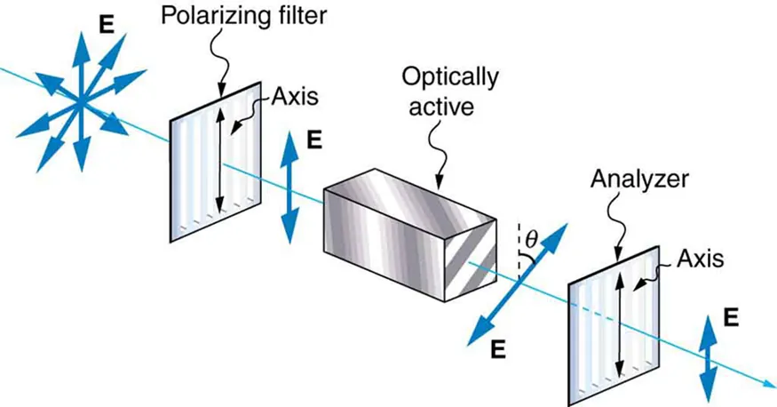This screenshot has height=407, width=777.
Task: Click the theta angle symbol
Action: (x=531, y=237)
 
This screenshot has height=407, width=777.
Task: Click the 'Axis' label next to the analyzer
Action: (x=700, y=259)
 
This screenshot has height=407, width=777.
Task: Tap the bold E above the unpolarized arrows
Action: (x=107, y=24)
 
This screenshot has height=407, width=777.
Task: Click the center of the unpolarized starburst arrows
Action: (x=79, y=104)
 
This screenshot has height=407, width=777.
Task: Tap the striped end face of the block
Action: (x=471, y=257)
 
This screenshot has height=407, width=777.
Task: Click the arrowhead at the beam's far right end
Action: (x=765, y=384)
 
